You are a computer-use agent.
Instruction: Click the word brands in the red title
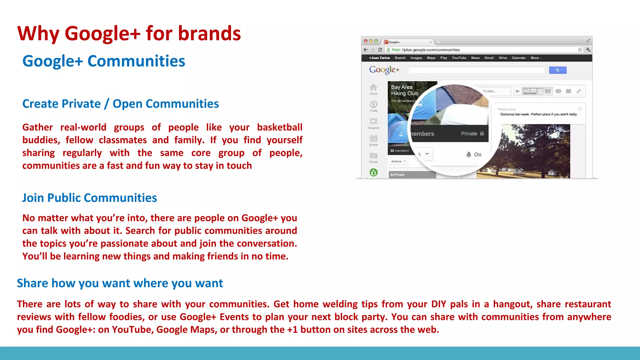coord(209,33)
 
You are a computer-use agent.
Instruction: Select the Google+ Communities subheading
coord(103,61)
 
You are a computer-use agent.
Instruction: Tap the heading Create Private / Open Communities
coord(120,104)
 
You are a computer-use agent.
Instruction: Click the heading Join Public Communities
coord(89,198)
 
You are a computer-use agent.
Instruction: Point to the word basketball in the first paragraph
coord(279,127)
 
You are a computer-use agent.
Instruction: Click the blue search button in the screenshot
coord(557,70)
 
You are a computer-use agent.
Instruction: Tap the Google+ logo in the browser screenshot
coord(384,70)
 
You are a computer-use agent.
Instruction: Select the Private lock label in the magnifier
coord(472,133)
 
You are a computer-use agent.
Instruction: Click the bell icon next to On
coord(468,154)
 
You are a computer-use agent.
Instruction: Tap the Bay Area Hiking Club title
coord(404,90)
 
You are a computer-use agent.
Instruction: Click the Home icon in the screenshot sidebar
coord(373,88)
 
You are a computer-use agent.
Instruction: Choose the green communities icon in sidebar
coord(373,172)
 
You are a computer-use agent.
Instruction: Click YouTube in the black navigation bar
coord(459,58)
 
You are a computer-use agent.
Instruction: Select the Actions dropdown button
coord(398,161)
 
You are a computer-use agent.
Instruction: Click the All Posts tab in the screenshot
coord(397,175)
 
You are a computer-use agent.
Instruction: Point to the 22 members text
coord(399,151)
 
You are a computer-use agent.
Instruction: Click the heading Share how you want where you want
coord(120,283)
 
